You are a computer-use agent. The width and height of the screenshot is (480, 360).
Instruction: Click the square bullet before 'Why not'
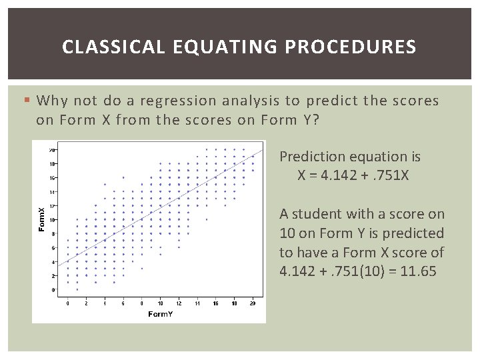point(27,101)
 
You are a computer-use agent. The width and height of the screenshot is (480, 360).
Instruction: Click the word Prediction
point(311,157)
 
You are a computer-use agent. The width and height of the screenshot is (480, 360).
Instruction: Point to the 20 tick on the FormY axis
point(252,303)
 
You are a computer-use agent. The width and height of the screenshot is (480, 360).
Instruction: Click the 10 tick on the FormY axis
point(160,303)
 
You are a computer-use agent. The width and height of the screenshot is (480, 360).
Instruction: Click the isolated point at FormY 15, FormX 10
point(206,219)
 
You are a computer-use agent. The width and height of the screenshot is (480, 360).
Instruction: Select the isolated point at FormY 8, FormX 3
point(141,269)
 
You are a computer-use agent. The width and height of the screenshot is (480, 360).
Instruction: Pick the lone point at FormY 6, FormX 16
point(123,177)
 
